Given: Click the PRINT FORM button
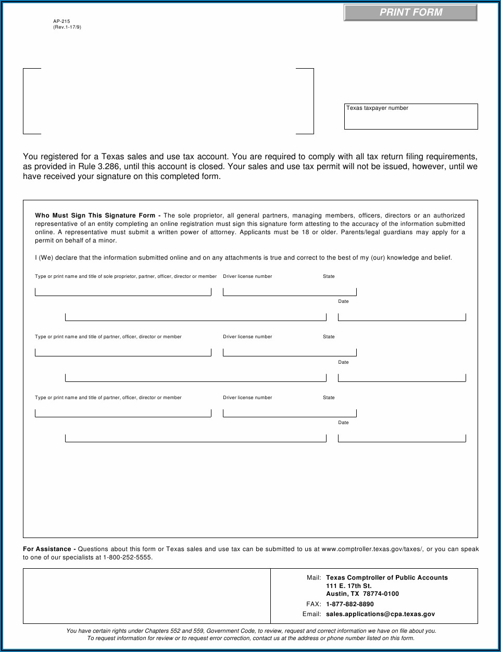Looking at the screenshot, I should tap(410, 12).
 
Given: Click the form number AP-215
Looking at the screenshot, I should tap(61, 22).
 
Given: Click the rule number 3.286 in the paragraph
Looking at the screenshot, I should tap(108, 167).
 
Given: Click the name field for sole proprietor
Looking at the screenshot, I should tap(123, 291).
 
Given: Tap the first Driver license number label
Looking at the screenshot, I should tap(247, 276).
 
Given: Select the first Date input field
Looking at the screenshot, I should tap(402, 316).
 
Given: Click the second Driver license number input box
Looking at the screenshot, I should tap(290, 352).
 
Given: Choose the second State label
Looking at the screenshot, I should tap(329, 337).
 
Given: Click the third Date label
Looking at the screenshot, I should tap(343, 423).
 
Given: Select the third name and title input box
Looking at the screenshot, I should tap(123, 412).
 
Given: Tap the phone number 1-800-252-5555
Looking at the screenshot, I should tap(127, 557).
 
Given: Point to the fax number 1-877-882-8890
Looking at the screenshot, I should tap(349, 604).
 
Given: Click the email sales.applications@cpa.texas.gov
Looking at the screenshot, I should tap(380, 614).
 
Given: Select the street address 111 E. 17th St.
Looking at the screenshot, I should tap(349, 586).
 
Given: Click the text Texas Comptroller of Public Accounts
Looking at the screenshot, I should tap(386, 578).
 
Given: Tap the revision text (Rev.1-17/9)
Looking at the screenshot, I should tap(67, 27).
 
